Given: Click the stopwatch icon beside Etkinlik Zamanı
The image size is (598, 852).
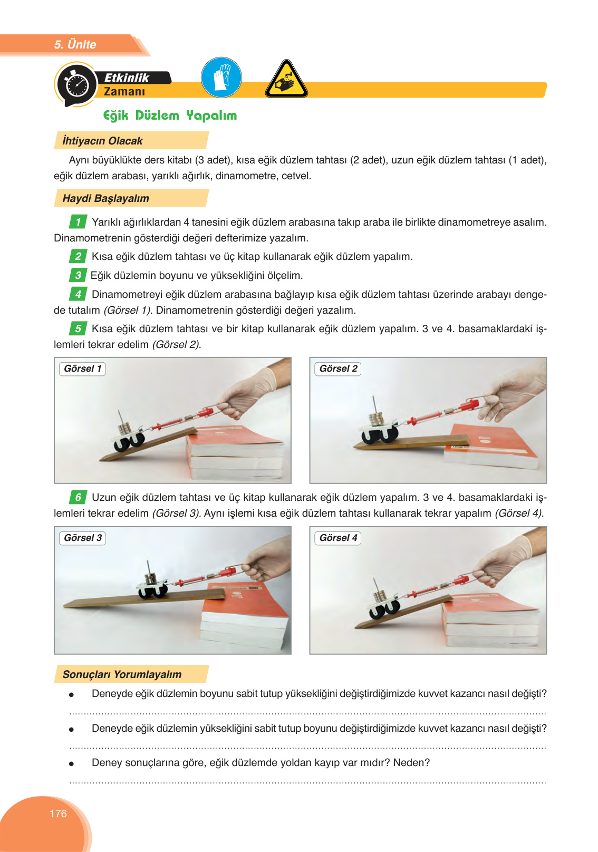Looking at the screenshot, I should point(77,84).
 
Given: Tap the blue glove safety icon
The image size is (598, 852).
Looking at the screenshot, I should point(221,78).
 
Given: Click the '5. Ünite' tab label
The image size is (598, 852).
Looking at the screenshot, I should point(75,44).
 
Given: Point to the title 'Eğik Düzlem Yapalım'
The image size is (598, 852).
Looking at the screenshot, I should point(170,115).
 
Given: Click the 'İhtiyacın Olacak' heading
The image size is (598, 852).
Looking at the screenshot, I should point(102,141).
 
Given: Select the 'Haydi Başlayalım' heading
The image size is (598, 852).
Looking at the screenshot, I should point(105,198).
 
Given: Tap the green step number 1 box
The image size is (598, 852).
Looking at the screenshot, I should point(78,222).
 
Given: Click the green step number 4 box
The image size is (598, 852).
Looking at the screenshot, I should point(78,294).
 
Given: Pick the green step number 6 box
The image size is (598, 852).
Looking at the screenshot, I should point(78,497).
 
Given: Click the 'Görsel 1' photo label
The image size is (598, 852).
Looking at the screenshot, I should point(82,369).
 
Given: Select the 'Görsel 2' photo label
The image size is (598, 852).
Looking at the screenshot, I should point(338,369).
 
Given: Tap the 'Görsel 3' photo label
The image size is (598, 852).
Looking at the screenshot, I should point(82,538).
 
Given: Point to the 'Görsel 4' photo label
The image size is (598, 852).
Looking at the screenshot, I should point(338,538).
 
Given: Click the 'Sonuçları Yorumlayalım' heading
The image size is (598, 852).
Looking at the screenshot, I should point(122,674).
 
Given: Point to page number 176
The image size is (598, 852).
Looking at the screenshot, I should point(58,814).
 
